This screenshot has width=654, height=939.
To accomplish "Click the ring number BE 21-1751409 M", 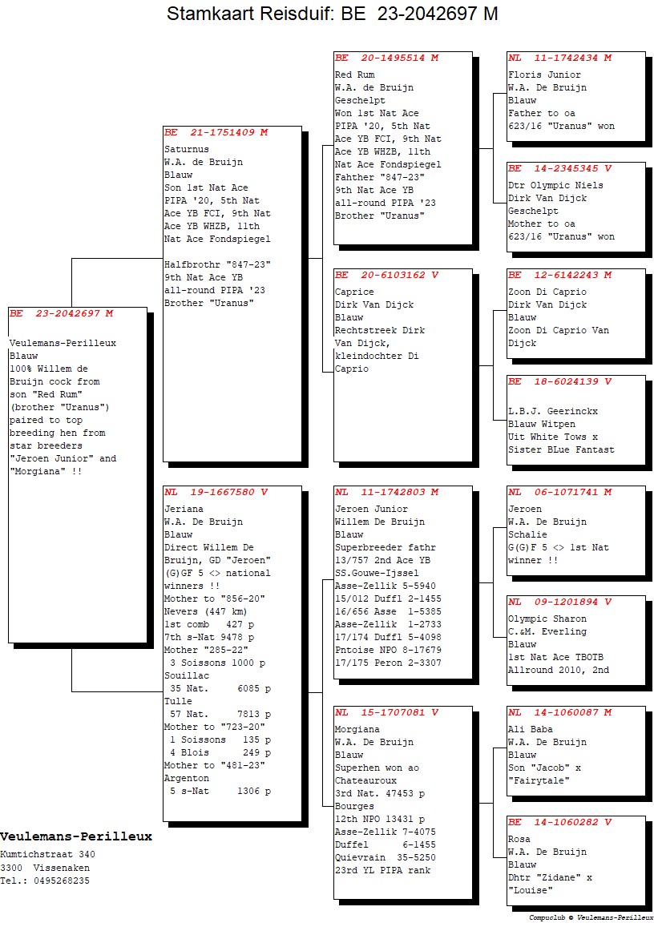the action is [x=216, y=132].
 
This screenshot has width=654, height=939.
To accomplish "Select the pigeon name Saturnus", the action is [x=187, y=149].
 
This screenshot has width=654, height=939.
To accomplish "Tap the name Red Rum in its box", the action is [x=354, y=75].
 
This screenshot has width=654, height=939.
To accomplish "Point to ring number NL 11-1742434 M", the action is [x=560, y=58].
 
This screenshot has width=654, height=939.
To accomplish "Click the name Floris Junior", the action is [x=544, y=75].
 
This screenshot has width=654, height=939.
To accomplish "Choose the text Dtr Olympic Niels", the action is [x=555, y=186].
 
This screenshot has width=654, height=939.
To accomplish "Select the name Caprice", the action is [x=354, y=292].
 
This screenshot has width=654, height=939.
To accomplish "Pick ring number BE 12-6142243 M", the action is [x=560, y=276].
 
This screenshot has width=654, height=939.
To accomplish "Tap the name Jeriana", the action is [x=184, y=509].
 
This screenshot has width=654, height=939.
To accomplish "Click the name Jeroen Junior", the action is [x=371, y=509].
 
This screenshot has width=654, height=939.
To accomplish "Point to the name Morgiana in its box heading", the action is [x=357, y=729].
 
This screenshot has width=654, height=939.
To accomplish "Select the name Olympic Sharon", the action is [x=547, y=619].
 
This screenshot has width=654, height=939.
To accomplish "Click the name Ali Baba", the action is [x=531, y=729].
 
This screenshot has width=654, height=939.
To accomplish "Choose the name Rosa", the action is [x=519, y=840].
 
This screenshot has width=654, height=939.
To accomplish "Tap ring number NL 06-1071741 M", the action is [x=560, y=492].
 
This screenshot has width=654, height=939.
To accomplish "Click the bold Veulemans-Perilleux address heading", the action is [x=76, y=836].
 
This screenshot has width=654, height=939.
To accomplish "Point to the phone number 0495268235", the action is [x=62, y=881].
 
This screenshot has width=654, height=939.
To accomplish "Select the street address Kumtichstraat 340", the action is [x=47, y=855].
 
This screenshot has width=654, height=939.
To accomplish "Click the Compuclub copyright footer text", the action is [x=591, y=917].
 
